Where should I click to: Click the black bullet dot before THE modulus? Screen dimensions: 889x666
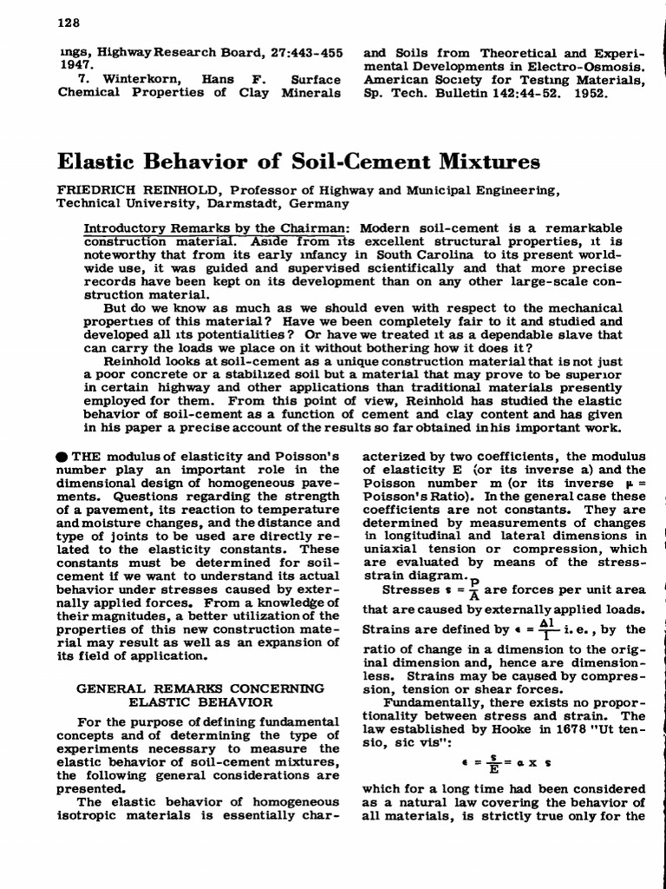tap(63, 458)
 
